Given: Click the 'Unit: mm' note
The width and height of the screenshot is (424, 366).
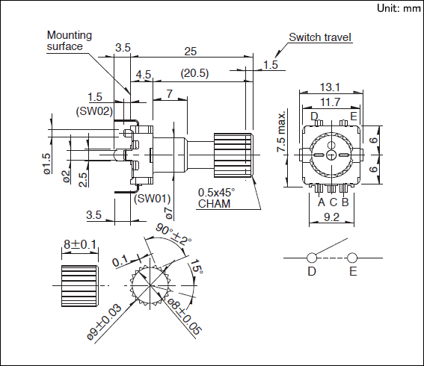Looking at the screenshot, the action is (x=399, y=8).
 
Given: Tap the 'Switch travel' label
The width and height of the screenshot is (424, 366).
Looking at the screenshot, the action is (x=320, y=37).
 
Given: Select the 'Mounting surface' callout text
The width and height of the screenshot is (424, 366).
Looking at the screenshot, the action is (x=70, y=40).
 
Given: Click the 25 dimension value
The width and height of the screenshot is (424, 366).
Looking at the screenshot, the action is (x=191, y=51).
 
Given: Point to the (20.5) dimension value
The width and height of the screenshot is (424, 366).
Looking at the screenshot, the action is (x=194, y=73).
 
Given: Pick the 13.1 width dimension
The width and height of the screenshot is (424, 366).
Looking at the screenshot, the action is (x=330, y=87).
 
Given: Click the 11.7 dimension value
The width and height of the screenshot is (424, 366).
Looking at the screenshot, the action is (x=330, y=102).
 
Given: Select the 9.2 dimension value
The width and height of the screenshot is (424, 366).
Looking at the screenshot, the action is (x=331, y=217).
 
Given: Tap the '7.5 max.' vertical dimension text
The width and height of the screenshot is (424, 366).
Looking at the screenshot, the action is (x=281, y=131).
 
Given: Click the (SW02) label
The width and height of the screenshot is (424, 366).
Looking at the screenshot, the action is (x=94, y=111).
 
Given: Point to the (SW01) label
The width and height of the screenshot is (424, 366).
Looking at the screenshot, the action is (x=153, y=199).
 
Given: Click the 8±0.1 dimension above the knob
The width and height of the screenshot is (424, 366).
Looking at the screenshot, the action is (x=80, y=244).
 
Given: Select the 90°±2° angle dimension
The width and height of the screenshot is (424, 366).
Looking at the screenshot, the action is (x=173, y=235).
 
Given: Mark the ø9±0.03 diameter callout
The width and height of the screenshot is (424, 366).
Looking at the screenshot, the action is (x=105, y=322).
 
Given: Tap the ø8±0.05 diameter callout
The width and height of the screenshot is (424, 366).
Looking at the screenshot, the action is (x=185, y=316).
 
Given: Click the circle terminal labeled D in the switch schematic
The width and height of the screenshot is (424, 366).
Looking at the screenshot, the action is (x=312, y=258).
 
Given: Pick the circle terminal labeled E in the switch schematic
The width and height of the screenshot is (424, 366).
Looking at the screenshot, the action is (x=352, y=258).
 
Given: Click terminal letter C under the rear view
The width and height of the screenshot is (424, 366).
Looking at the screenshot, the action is (x=334, y=202).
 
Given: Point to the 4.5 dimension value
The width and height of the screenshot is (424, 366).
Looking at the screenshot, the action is (x=144, y=74).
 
